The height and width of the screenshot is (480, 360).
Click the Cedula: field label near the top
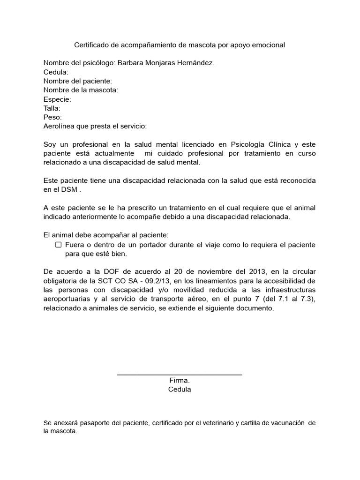(56, 72)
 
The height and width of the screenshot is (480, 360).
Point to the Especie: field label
(57, 99)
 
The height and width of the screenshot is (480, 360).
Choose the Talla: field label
(52, 108)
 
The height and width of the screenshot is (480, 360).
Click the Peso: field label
(52, 117)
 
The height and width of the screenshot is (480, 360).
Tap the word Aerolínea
(60, 127)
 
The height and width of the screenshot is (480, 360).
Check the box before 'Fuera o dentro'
(59, 245)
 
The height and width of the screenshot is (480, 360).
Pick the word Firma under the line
(179, 381)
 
